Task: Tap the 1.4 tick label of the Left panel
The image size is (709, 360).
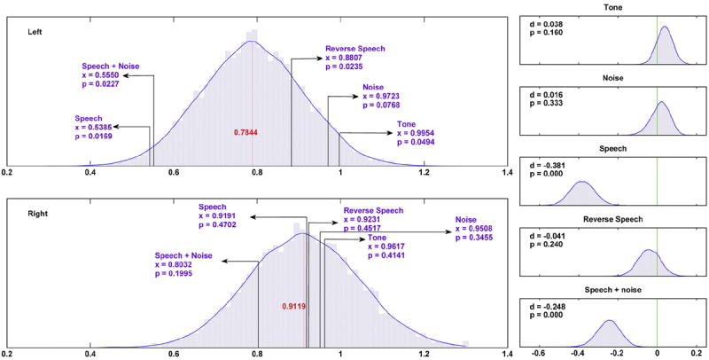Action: click(x=506, y=175)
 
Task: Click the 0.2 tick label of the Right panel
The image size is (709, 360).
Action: click(x=8, y=353)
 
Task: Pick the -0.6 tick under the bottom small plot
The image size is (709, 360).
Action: click(x=538, y=353)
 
